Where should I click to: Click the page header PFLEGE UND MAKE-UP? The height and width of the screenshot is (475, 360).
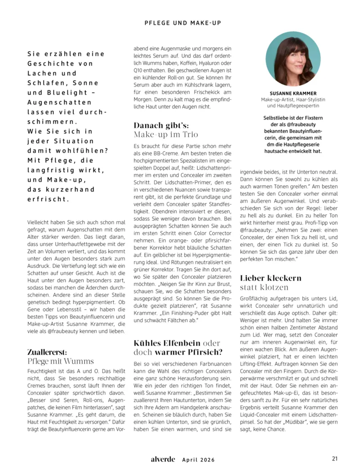[182, 22]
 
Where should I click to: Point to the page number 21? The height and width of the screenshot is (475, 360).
[334, 459]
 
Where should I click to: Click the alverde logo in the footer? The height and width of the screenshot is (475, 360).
[163, 459]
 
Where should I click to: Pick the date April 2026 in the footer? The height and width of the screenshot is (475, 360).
[198, 460]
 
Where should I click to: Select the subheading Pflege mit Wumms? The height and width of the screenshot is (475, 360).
[61, 361]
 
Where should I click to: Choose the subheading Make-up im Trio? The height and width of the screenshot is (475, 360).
[166, 134]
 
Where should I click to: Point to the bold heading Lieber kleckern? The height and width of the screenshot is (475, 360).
[271, 278]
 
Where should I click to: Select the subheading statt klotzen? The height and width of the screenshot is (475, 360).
[264, 287]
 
